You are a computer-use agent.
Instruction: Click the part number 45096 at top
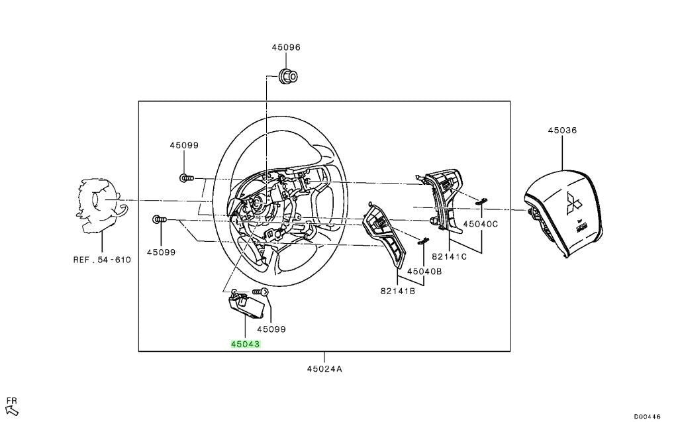[286, 47]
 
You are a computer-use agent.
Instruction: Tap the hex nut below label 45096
[288, 77]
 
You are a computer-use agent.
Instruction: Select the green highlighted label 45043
[245, 344]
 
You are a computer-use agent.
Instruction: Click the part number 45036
[562, 130]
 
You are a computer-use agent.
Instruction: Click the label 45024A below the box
[324, 369]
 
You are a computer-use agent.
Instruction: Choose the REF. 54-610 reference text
[102, 260]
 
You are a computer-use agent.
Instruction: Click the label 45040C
[481, 224]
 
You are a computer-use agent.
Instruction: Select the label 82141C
[450, 256]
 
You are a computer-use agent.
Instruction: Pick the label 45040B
[424, 272]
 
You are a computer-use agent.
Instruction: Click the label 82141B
[398, 291]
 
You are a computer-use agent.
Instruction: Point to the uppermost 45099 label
[184, 146]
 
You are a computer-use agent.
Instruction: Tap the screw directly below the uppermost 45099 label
[186, 178]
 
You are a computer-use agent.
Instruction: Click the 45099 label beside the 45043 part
[271, 329]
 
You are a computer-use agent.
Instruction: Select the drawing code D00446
[648, 417]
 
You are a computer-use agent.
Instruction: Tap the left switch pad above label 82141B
[383, 233]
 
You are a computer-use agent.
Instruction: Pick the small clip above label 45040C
[481, 200]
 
